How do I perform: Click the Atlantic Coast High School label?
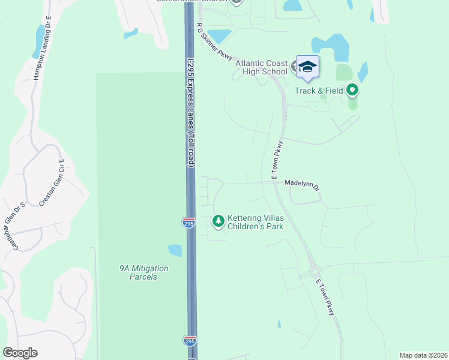(261, 67)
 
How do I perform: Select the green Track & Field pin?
(352, 91)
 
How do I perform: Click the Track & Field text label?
(318, 91)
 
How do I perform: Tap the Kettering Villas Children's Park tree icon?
(218, 222)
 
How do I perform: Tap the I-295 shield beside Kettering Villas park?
(188, 222)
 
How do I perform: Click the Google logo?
(20, 353)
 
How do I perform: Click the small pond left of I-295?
(175, 250)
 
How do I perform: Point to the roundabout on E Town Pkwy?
(314, 272)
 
